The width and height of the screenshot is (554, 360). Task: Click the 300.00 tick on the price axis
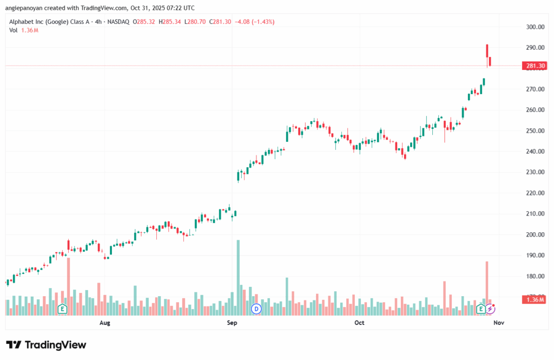pyautogui.click(x=535, y=27)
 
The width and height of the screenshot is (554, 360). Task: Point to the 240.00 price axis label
pyautogui.click(x=535, y=152)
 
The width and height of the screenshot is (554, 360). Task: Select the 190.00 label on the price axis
pyautogui.click(x=535, y=256)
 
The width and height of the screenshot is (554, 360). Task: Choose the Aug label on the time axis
pyautogui.click(x=105, y=323)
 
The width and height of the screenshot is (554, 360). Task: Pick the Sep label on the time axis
pyautogui.click(x=232, y=323)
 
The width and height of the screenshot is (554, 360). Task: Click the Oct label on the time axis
pyautogui.click(x=359, y=323)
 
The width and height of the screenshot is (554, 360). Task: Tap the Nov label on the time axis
pyautogui.click(x=499, y=323)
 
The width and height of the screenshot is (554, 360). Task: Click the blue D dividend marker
pyautogui.click(x=256, y=309)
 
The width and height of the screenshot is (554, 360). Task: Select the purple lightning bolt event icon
pyautogui.click(x=490, y=309)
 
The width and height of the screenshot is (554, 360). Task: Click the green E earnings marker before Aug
pyautogui.click(x=62, y=309)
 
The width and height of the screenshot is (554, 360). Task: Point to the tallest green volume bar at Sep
pyautogui.click(x=238, y=276)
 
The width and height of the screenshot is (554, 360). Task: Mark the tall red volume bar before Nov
pyautogui.click(x=487, y=284)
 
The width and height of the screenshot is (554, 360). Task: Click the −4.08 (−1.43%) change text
pyautogui.click(x=256, y=22)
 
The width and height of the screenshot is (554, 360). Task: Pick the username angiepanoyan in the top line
pyautogui.click(x=26, y=8)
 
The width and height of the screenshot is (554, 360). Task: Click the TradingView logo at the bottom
pyautogui.click(x=46, y=345)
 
